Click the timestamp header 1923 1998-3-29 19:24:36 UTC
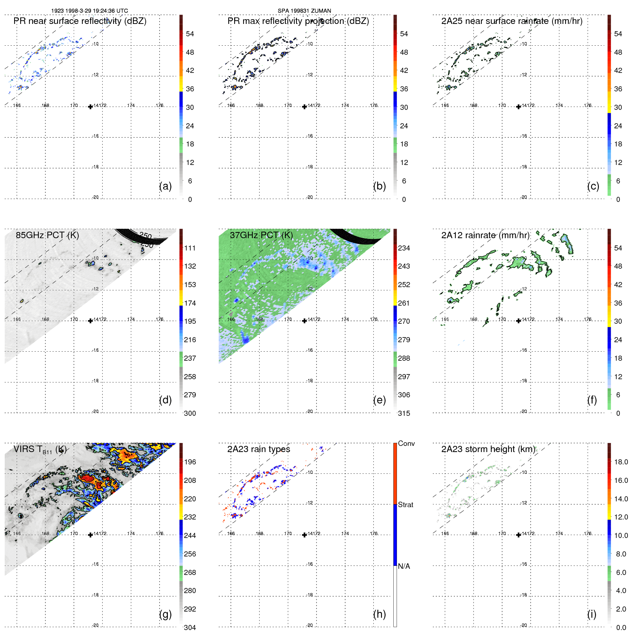[x=90, y=11]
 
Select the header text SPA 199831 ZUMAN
[x=304, y=11]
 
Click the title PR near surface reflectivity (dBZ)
[x=80, y=21]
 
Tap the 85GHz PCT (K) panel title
[x=47, y=235]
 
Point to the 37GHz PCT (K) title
[x=261, y=235]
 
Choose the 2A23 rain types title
[x=258, y=449]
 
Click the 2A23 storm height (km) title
[x=488, y=449]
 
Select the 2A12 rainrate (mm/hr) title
[x=485, y=235]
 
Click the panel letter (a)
[x=165, y=186]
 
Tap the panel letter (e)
[x=379, y=400]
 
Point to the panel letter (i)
[x=592, y=614]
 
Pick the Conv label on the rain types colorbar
[x=406, y=443]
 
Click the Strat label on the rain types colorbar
[x=405, y=505]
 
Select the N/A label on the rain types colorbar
[x=404, y=566]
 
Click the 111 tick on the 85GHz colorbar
[x=190, y=248]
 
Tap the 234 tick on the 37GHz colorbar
[x=404, y=248]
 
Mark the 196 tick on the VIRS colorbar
[x=190, y=462]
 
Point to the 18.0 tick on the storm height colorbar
[x=621, y=462]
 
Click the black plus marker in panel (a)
[x=90, y=107]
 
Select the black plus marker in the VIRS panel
[x=90, y=535]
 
